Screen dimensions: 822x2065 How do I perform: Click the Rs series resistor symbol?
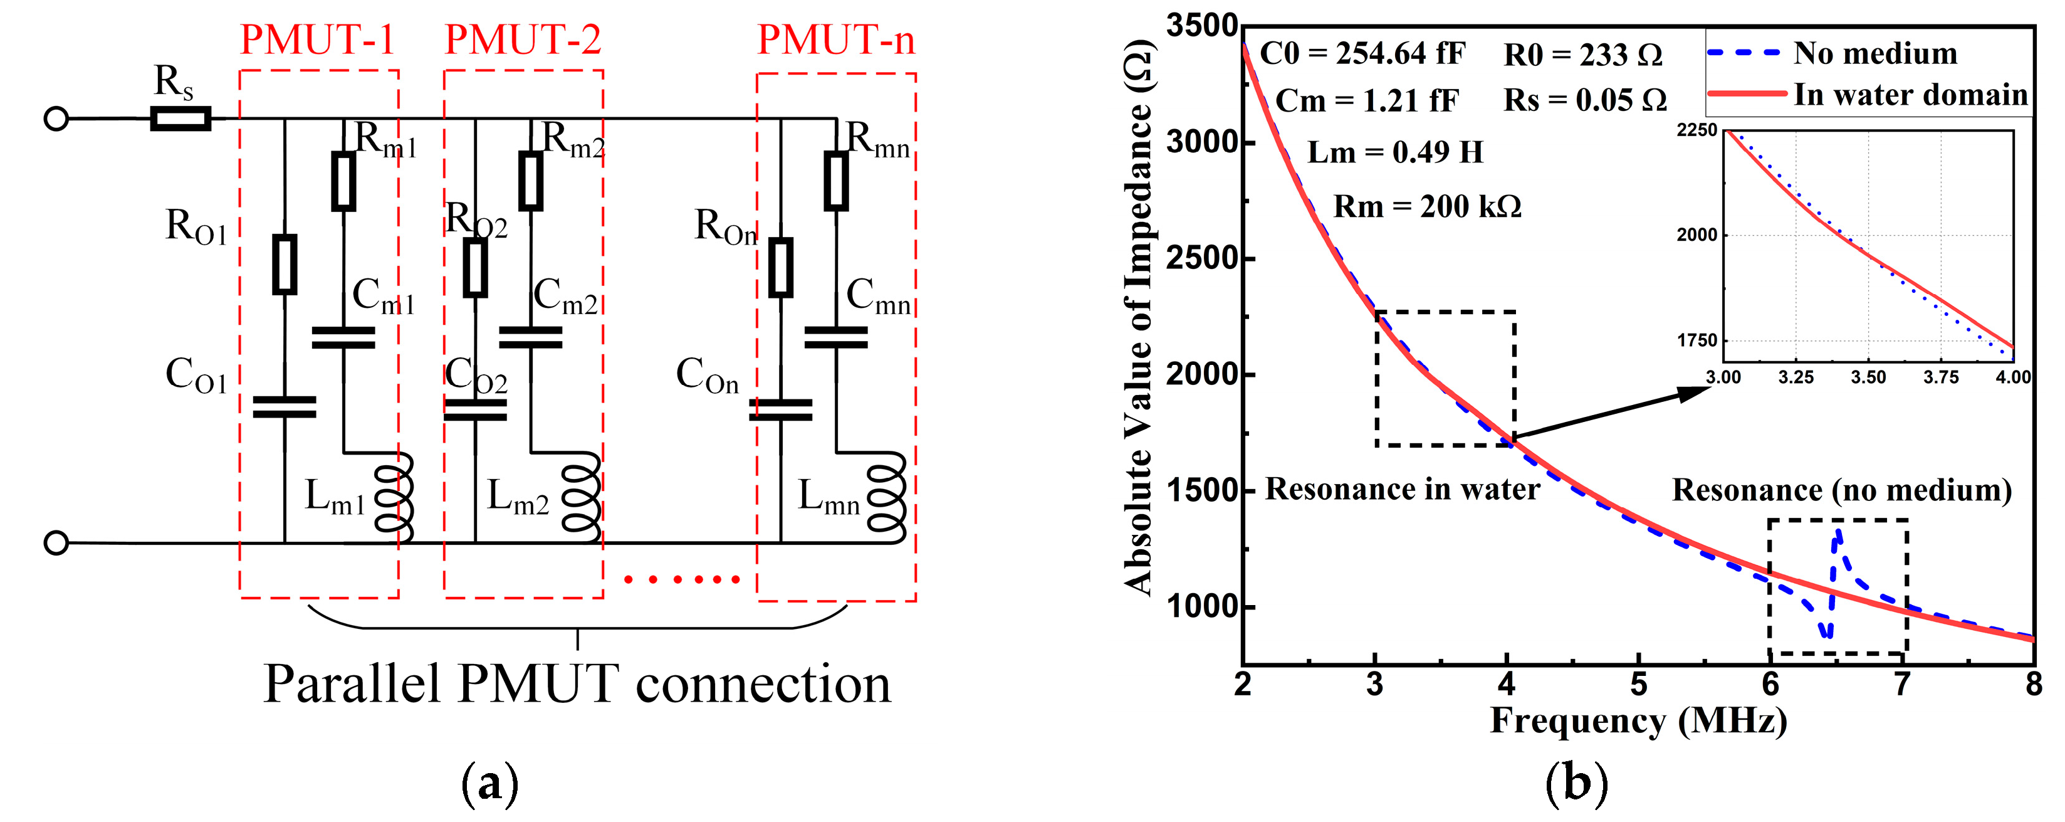click(181, 119)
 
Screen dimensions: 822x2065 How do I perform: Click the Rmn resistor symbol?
click(836, 181)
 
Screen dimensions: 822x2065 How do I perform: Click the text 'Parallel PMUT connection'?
click(577, 684)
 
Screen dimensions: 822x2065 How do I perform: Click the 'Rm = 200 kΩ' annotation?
click(1427, 207)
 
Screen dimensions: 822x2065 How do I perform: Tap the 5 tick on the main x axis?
click(1639, 684)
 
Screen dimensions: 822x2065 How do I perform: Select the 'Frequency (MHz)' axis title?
click(1639, 720)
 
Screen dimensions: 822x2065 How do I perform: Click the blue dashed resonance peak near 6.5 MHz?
click(1838, 534)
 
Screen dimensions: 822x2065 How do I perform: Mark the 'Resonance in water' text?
click(1402, 489)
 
